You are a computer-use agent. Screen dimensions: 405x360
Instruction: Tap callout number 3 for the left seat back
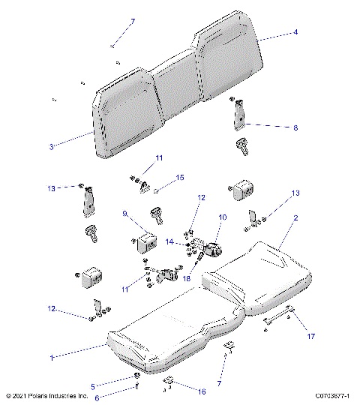click(x=51, y=147)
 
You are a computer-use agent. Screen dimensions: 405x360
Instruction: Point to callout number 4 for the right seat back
click(x=295, y=33)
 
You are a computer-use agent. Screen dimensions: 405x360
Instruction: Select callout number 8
click(x=295, y=128)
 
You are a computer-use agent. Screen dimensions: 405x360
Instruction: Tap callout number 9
click(x=126, y=214)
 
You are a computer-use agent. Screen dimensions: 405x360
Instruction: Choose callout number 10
click(x=222, y=217)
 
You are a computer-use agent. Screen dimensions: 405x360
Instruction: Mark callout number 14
click(x=169, y=242)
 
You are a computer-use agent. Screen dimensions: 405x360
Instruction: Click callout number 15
click(x=179, y=178)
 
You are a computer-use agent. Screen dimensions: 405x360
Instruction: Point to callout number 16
click(x=202, y=391)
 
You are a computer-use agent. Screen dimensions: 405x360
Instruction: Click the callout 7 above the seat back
click(x=133, y=21)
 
